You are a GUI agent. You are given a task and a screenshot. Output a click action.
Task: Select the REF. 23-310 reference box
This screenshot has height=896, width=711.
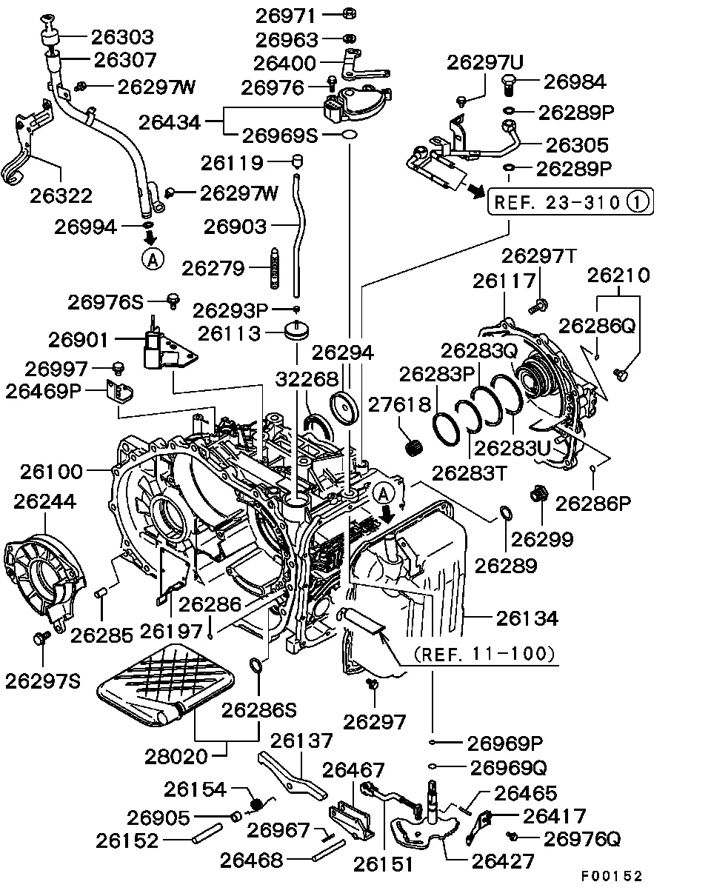pyautogui.click(x=571, y=201)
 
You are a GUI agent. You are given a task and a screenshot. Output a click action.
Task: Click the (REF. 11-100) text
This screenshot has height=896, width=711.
pyautogui.click(x=484, y=654)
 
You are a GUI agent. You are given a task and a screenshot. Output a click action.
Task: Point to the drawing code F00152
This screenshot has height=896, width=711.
pyautogui.click(x=611, y=876)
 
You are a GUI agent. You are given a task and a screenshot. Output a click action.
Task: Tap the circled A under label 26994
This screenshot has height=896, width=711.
pyautogui.click(x=151, y=258)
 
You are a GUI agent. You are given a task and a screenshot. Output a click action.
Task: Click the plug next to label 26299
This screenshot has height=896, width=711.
pyautogui.click(x=538, y=492)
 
